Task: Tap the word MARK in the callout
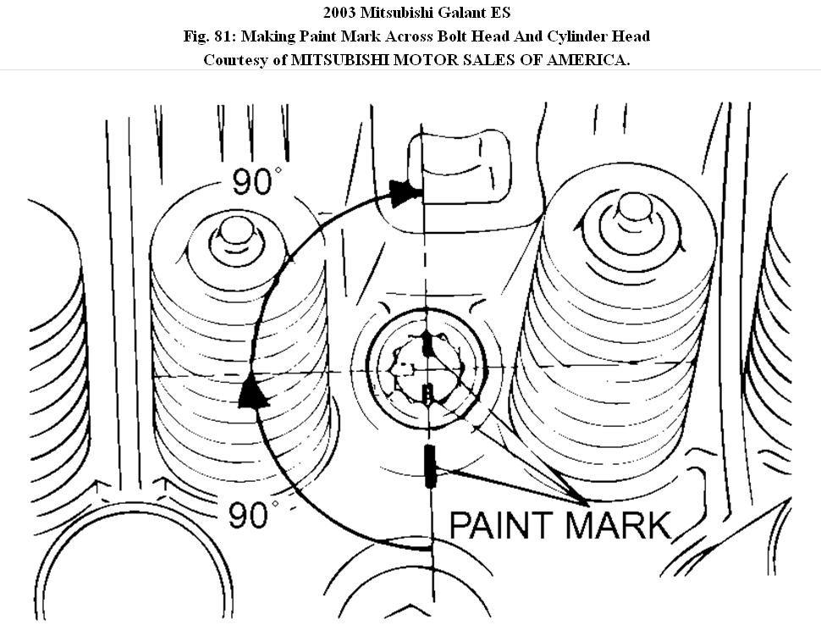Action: pyautogui.click(x=618, y=525)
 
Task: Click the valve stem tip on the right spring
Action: pyautogui.click(x=633, y=208)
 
